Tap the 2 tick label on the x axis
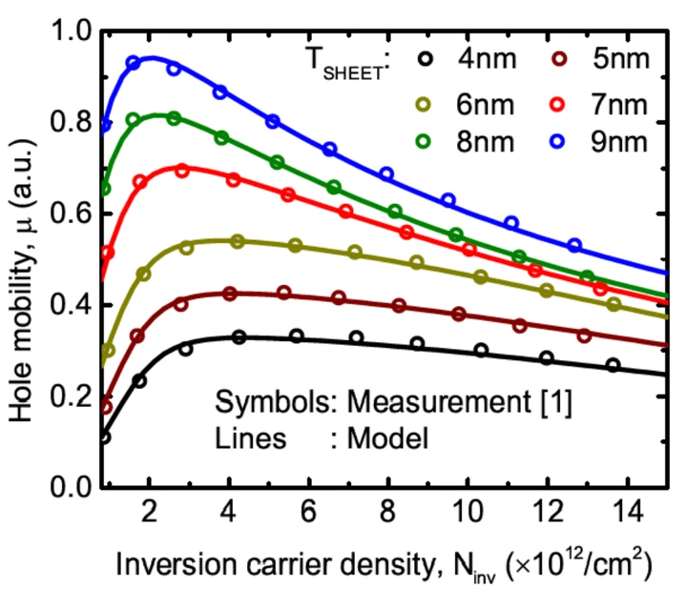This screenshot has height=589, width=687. pyautogui.click(x=149, y=515)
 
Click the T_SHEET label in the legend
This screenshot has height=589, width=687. pyautogui.click(x=339, y=64)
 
